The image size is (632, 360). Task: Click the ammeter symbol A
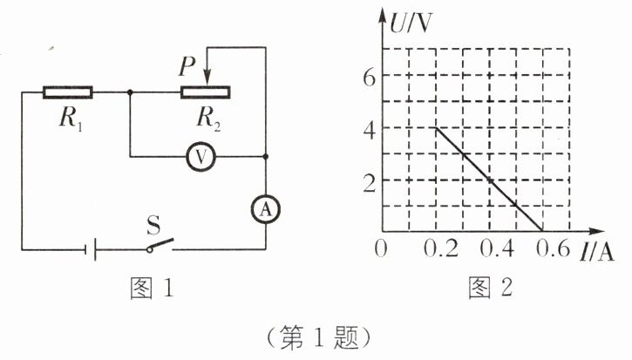264,207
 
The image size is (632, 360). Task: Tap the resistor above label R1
68,91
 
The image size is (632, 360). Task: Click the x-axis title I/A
595,253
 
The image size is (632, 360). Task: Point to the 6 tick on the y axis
370,76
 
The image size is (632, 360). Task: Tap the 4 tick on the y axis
370,128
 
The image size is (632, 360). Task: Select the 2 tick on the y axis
370,181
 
